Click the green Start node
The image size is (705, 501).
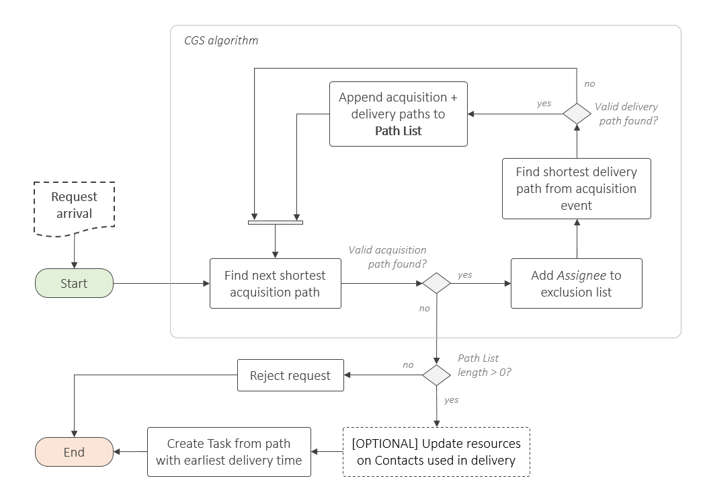74,283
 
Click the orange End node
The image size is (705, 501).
74,452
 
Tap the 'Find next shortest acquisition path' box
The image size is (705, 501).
276,284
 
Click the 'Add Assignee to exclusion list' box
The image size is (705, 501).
576,284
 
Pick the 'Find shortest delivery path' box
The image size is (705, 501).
576,188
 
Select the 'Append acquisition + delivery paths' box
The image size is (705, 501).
398,114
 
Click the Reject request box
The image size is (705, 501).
290,375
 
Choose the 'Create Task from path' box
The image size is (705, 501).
229,452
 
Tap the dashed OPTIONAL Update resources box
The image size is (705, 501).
436,452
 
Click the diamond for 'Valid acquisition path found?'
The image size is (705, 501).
436,283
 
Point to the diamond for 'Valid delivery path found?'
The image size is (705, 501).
576,114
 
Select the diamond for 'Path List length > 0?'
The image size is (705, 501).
436,375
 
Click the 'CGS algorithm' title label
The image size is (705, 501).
221,41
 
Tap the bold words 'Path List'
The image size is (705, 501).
398,131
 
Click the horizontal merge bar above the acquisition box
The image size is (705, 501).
276,223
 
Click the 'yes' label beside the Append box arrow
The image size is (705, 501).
544,104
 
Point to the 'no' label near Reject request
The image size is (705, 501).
408,364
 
